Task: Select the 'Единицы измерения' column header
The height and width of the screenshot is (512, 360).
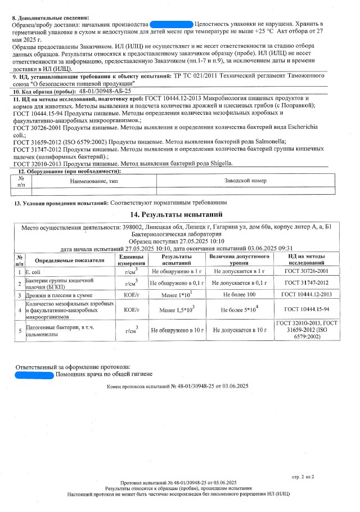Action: [x=132, y=260]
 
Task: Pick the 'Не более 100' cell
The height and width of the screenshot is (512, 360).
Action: [x=239, y=294]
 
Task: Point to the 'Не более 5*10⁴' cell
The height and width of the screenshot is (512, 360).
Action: [x=239, y=309]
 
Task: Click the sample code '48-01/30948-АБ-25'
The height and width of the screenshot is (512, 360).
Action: [x=106, y=91]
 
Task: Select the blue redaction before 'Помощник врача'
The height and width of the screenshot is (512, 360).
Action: [x=34, y=374]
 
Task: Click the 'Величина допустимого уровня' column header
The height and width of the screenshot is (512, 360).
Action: [x=239, y=260]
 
